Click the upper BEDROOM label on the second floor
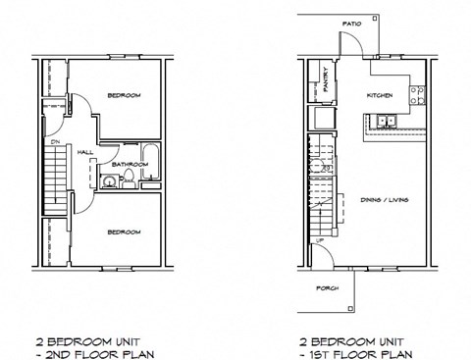click(124, 95)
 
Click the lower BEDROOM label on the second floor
click(124, 231)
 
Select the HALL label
click(85, 152)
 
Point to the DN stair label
click(57, 140)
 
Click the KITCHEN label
click(379, 95)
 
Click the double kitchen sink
click(386, 122)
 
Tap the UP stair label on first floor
click(318, 239)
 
